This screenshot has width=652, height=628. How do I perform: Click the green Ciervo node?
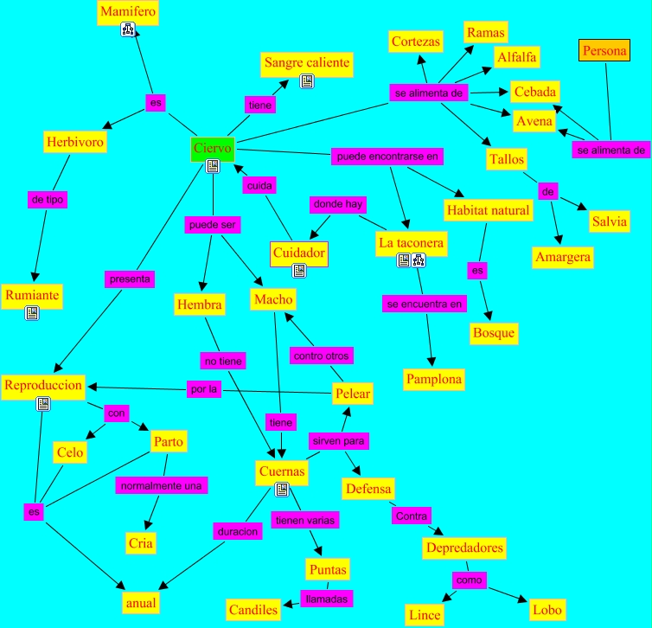pos(212,149)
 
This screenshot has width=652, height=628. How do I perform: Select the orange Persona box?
pos(604,52)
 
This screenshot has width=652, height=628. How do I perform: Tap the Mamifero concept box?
pos(127,12)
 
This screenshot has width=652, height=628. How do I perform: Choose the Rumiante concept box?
pos(31,295)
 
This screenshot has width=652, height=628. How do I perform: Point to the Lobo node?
pos(547,609)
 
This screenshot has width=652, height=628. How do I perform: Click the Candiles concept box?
pos(253,610)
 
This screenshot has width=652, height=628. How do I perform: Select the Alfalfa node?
pos(517,57)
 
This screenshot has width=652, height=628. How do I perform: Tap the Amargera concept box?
pos(562,257)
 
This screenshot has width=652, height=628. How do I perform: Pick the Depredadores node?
pos(464,548)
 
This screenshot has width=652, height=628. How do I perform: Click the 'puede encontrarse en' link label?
pos(387,157)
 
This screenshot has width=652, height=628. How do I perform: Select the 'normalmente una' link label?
pos(162,485)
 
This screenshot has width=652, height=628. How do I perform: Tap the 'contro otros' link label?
pos(322,355)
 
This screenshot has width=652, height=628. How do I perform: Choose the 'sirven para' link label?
pos(340,440)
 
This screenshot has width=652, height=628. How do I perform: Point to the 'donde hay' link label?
pos(337,205)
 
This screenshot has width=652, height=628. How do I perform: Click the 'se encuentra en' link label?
pos(424,304)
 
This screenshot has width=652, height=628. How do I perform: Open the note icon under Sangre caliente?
pos(306,81)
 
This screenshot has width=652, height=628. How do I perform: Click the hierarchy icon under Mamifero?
pos(128,31)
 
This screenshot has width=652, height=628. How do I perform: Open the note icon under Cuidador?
pos(298,271)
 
